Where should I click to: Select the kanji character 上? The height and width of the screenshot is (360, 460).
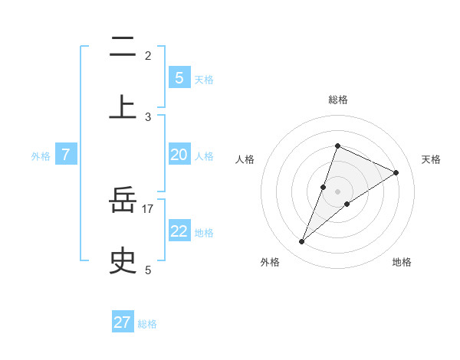pos(123,106)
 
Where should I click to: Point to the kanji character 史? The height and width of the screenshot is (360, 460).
pos(123,260)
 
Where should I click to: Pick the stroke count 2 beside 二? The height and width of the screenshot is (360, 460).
pos(148,55)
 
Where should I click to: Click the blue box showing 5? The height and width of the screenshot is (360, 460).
pos(179,77)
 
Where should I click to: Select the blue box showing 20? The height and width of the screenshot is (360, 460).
pos(179,155)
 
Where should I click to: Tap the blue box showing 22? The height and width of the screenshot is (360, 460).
pos(179,231)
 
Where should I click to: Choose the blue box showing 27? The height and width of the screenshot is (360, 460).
pos(123,322)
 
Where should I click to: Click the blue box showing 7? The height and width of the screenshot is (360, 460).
pos(66,155)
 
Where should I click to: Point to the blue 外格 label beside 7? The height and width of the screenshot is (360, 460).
pos(41,156)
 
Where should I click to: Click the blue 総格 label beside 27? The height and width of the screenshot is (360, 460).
pos(147,324)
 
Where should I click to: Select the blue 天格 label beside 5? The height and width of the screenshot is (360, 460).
pos(204,80)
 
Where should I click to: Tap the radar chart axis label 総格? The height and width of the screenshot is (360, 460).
pos(338,100)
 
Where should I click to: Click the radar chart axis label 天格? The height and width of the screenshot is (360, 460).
pos(432,159)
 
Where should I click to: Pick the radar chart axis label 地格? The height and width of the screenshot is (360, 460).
pos(402,262)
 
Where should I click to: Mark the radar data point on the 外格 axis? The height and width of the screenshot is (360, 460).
pos(302,242)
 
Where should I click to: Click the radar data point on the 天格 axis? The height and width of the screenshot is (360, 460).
pos(396,172)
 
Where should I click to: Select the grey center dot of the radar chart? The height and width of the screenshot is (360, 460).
pos(338,191)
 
